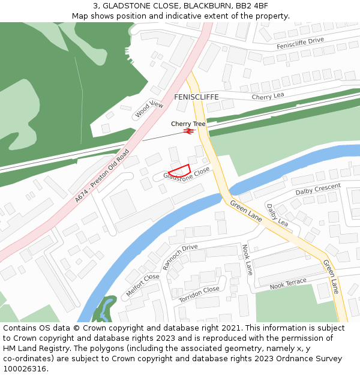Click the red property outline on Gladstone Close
click(179, 170)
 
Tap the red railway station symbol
click(188, 130)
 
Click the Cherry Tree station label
click(188, 124)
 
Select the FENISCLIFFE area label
click(196, 97)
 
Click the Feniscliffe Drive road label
click(300, 43)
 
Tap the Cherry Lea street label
click(268, 97)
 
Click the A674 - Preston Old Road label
click(102, 175)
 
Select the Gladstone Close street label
click(187, 175)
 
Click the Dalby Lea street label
click(277, 215)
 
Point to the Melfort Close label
click(142, 284)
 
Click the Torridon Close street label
click(199, 293)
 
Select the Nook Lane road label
click(247, 259)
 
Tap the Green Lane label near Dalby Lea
click(246, 211)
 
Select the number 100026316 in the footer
click(25, 368)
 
